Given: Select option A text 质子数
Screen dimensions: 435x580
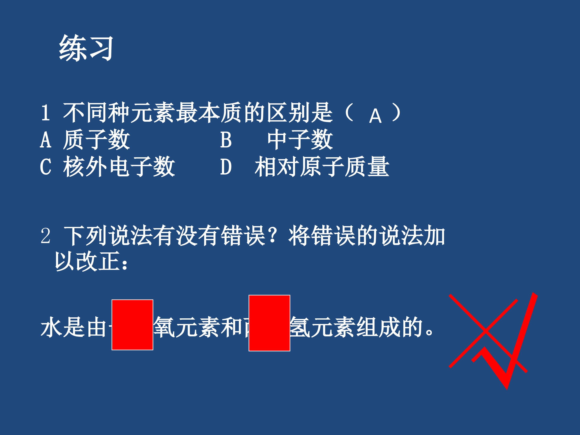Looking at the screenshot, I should click(96, 140).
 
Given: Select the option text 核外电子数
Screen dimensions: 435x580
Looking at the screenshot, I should click(119, 167).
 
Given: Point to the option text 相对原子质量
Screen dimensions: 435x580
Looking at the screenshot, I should click(322, 167).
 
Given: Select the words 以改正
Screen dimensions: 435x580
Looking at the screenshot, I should click(87, 261).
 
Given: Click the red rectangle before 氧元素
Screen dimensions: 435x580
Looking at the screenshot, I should click(133, 325).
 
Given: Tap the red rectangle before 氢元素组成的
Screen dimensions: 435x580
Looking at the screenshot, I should click(269, 323).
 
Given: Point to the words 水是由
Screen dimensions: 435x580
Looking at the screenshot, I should click(74, 328).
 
